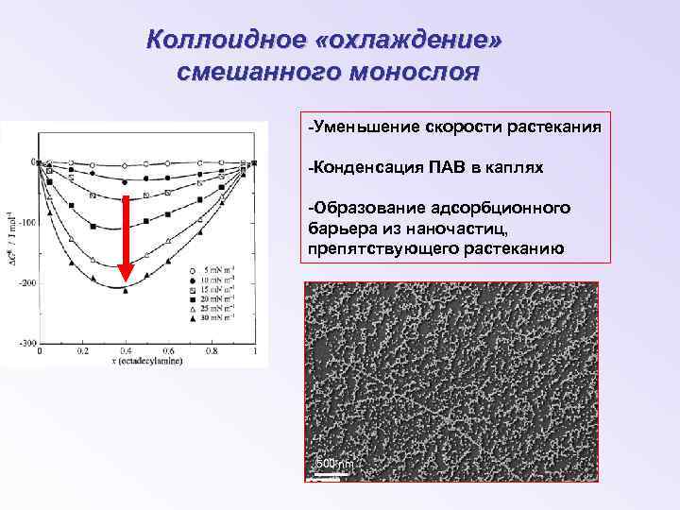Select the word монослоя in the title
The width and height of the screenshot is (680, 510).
click(x=421, y=71)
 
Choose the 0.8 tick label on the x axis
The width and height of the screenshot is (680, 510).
click(x=212, y=350)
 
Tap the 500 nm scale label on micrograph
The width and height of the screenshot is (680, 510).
click(x=334, y=463)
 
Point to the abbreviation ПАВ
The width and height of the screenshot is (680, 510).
click(x=447, y=167)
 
